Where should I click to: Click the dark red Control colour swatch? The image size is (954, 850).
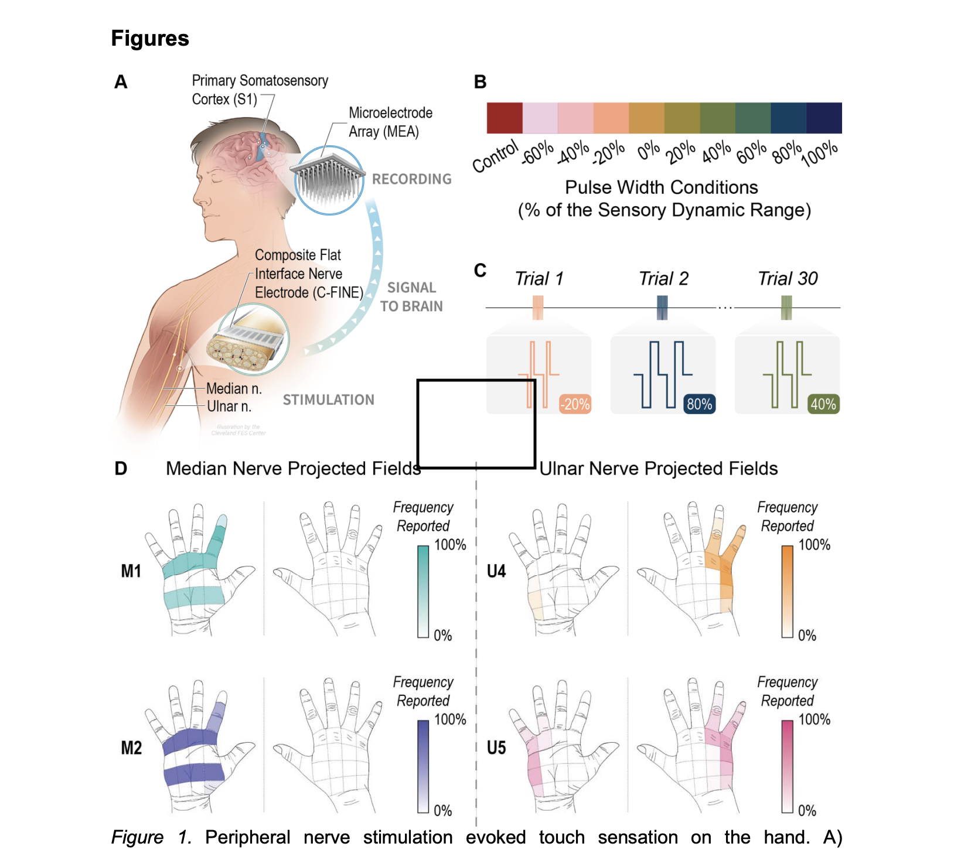pos(505,118)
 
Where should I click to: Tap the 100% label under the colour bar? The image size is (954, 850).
pos(820,153)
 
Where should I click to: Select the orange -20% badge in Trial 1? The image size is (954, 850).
pos(575,404)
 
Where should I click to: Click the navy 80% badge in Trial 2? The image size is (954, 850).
pos(699,404)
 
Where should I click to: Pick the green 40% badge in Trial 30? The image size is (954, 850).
pos(823,404)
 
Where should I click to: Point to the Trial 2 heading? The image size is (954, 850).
pos(663,279)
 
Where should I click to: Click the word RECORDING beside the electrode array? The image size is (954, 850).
pos(412,179)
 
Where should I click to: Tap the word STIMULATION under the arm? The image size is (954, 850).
pos(328,400)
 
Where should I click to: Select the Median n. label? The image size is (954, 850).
pos(234,389)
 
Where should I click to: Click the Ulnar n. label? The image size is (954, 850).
pos(229,407)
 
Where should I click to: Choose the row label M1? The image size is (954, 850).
pos(131,571)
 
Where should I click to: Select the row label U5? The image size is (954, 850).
pos(496,748)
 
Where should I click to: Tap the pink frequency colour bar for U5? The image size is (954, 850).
pos(787,766)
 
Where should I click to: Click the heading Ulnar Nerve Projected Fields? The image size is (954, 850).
pos(659,469)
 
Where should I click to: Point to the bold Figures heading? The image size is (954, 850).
pos(150,39)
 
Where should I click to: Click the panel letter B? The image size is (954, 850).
pos(480,82)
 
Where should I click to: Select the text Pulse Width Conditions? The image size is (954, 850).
pos(661,187)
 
